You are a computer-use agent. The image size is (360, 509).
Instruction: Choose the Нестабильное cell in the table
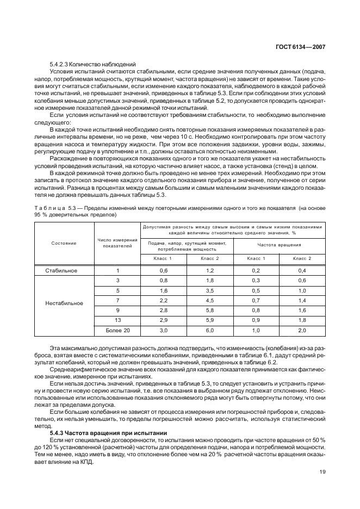pos(64,303)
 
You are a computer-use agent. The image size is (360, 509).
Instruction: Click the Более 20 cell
pos(117,330)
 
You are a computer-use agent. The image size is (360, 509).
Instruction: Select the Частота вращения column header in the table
pos(279,245)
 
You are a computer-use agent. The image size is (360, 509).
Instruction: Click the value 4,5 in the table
pos(210,300)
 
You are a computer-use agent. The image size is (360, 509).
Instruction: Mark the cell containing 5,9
pos(210,320)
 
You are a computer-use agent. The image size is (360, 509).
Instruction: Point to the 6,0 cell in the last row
pos(210,330)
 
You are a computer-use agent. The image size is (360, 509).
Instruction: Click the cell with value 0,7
pos(256,300)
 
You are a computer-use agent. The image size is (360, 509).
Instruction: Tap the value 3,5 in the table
pos(210,290)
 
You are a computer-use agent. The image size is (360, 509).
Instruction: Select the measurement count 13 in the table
pos(117,320)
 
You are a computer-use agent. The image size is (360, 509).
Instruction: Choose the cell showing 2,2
pos(164,300)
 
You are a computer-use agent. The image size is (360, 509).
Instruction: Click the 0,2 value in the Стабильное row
pos(256,270)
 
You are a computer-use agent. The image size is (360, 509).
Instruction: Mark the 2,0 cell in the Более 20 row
pos(302,330)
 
